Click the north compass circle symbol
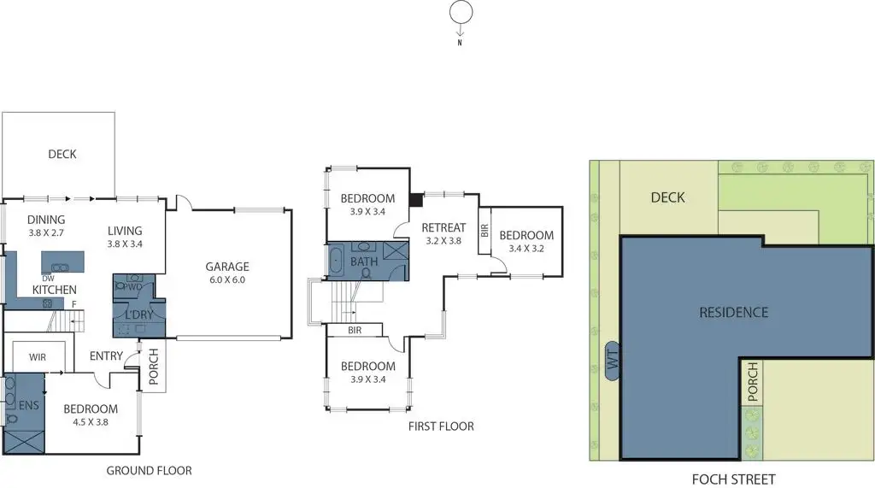[461, 13]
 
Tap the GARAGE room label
[227, 267]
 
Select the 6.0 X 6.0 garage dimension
[227, 279]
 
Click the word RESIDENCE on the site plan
[734, 312]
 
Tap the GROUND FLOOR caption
[149, 471]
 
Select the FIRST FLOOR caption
[441, 426]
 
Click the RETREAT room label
[443, 227]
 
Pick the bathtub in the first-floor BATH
[334, 259]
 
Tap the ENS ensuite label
[29, 405]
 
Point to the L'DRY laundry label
[138, 315]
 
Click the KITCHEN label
[54, 291]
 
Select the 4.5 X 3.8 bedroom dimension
[91, 422]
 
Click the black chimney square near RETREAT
[416, 200]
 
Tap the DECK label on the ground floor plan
[62, 154]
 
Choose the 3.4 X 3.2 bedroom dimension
[526, 250]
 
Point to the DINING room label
[46, 220]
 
